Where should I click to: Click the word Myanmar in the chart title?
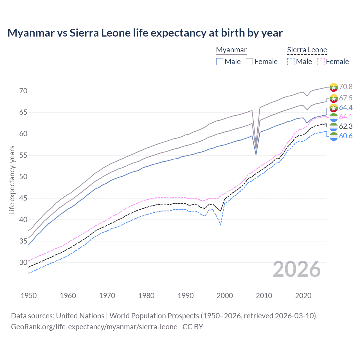pyautogui.click(x=31, y=33)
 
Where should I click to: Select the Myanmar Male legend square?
pyautogui.click(x=220, y=62)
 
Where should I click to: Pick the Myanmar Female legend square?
pyautogui.click(x=249, y=62)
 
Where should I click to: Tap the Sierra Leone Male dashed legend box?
pyautogui.click(x=291, y=62)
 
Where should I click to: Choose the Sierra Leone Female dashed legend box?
pyautogui.click(x=321, y=62)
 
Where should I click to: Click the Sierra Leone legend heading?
pyautogui.click(x=307, y=50)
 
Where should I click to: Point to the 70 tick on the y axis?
pyautogui.click(x=23, y=91)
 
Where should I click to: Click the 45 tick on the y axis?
pyautogui.click(x=23, y=198)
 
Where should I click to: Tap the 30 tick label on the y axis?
pyautogui.click(x=23, y=263)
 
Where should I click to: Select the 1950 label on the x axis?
pyautogui.click(x=29, y=296)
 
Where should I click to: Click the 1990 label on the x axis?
pyautogui.click(x=186, y=296)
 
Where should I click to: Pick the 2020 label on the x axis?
pyautogui.click(x=303, y=296)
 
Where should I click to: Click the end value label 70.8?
pyautogui.click(x=346, y=87)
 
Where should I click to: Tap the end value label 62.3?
pyautogui.click(x=346, y=126)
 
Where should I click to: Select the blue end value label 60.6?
pyautogui.click(x=346, y=136)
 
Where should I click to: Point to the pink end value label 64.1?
pyautogui.click(x=346, y=117)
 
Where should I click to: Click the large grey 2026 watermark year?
pyautogui.click(x=297, y=269)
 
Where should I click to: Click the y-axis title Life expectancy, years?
pyautogui.click(x=12, y=180)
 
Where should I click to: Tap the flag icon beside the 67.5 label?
pyautogui.click(x=334, y=98)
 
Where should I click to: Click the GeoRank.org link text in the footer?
pyautogui.click(x=94, y=327)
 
